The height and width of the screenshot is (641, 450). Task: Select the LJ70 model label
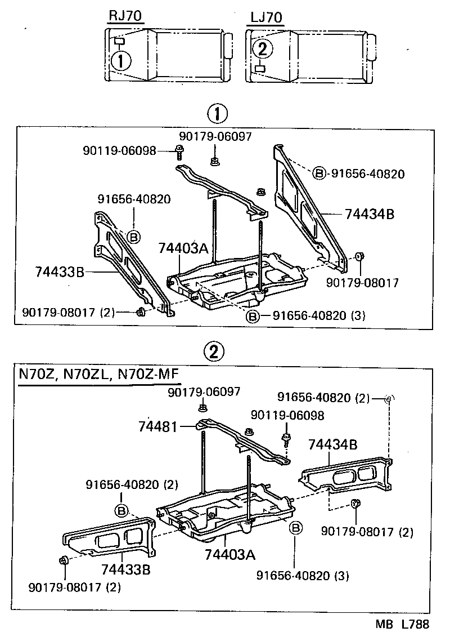pos(265,17)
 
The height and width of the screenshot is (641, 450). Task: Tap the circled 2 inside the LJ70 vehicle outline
pos(262,50)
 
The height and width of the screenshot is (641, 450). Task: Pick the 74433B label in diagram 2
pos(126,569)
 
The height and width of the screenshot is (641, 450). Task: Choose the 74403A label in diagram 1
pos(183,248)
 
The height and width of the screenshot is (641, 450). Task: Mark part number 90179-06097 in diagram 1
pos(215,136)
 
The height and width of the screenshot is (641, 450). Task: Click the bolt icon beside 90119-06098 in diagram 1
pos(179,150)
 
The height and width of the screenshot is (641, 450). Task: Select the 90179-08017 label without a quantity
pos(362,283)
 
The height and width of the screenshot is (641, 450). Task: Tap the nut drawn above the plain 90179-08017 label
pos(359,257)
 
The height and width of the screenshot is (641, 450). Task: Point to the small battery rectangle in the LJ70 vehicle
pos(260,68)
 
